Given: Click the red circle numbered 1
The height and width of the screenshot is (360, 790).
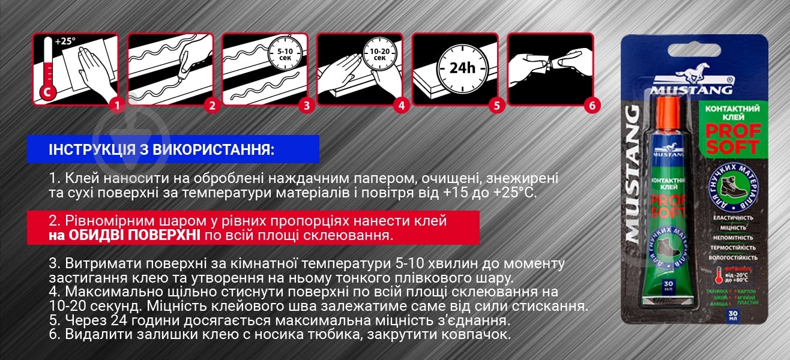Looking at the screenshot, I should coord(118,106).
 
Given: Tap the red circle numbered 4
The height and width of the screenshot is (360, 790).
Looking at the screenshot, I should coord(401,106).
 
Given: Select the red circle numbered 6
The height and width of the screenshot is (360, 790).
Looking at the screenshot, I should coord(592,106).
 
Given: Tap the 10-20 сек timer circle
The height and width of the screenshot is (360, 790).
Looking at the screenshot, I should coord(379,55).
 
